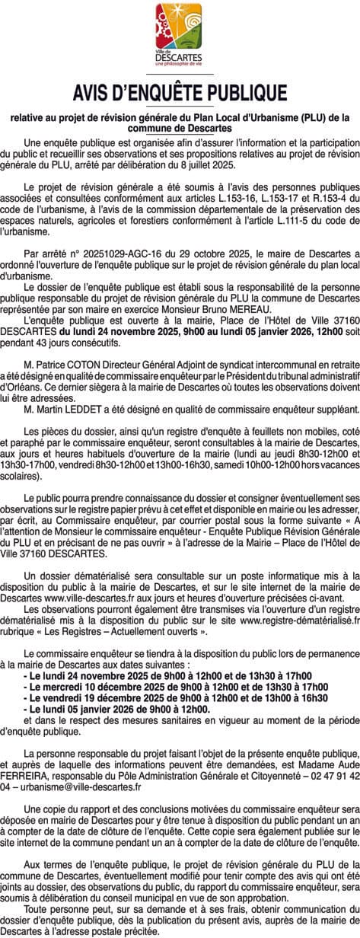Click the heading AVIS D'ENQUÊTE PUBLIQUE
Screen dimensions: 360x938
coord(180,93)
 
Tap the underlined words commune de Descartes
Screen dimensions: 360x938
coord(180,126)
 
